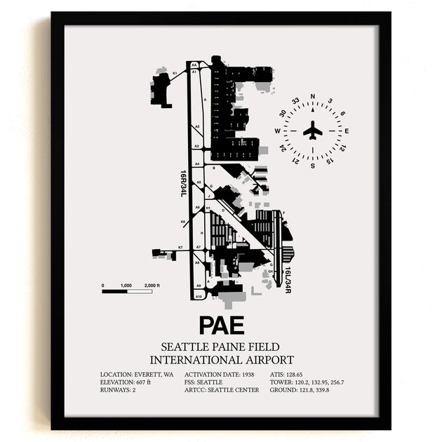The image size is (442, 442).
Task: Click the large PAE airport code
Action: [x=221, y=325]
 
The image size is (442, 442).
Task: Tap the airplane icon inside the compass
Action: [x=313, y=130]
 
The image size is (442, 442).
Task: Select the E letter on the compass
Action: [x=347, y=130]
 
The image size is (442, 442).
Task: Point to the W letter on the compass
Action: [x=278, y=130]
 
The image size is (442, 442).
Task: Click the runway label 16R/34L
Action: [x=183, y=183]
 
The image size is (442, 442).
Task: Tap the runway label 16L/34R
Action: [x=288, y=279]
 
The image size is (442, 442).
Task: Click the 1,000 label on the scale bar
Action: [x=126, y=286]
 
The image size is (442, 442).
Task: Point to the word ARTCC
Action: [x=196, y=389]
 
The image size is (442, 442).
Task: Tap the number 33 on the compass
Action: [x=296, y=101]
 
